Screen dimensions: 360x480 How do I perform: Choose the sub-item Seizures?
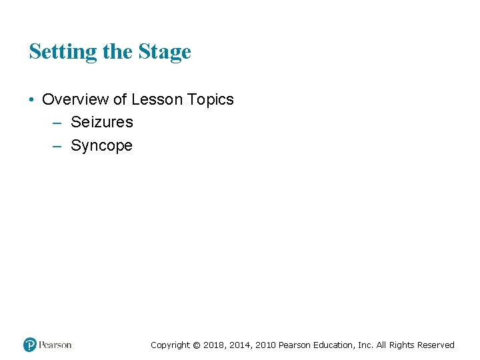click(x=102, y=122)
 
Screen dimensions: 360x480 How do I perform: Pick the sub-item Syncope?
click(x=101, y=145)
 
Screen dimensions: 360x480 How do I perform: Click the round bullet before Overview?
click(x=32, y=100)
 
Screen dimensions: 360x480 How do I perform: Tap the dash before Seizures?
click(x=57, y=123)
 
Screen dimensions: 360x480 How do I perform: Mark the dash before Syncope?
click(x=57, y=145)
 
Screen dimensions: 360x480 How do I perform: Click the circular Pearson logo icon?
click(x=30, y=345)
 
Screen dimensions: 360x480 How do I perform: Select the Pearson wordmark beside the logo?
click(x=55, y=345)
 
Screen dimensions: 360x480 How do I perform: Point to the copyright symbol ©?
click(x=196, y=345)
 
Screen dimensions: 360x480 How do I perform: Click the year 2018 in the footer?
click(x=213, y=345)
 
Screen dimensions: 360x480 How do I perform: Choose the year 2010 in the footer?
click(x=265, y=345)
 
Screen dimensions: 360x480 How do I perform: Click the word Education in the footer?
click(x=331, y=345)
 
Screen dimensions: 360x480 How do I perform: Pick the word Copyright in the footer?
click(x=170, y=345)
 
